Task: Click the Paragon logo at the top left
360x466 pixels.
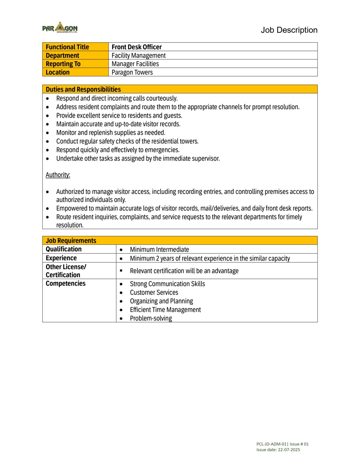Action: click(60, 27)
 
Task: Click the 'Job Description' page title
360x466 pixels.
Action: click(289, 30)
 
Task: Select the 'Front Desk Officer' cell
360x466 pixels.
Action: click(136, 47)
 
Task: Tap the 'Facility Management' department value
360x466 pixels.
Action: click(138, 56)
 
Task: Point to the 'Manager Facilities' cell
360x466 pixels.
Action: click(135, 64)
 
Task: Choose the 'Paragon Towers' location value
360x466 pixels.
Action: click(132, 73)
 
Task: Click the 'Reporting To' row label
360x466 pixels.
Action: click(63, 64)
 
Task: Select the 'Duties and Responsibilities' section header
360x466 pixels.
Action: click(83, 89)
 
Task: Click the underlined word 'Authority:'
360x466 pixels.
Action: click(58, 175)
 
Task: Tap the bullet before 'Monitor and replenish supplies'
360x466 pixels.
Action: click(47, 133)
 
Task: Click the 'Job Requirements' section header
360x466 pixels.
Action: click(71, 241)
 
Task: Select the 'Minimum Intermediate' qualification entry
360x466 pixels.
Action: click(159, 249)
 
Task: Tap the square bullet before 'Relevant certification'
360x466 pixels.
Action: click(121, 270)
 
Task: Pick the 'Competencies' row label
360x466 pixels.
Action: click(66, 283)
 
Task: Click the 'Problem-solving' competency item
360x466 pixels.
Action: click(151, 318)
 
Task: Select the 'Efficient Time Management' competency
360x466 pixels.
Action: click(165, 310)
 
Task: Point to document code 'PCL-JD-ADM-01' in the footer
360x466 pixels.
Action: click(271, 444)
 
